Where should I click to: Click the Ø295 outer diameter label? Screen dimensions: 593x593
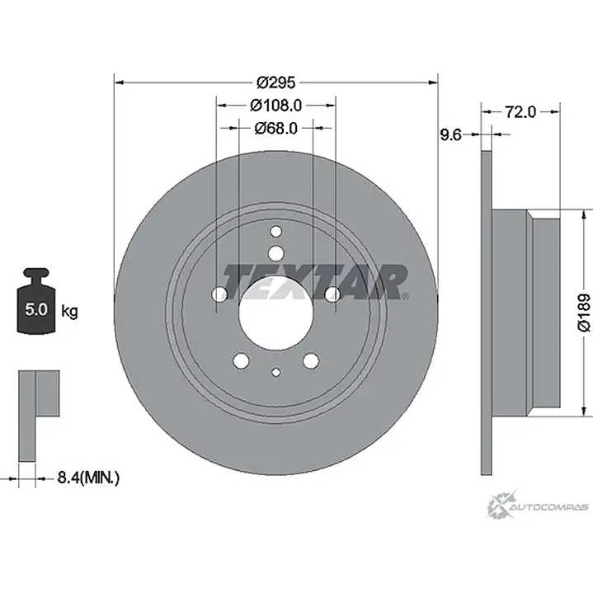[x=275, y=82]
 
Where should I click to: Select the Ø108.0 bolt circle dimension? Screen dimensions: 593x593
[x=275, y=106]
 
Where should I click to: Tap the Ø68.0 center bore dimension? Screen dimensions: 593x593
[x=275, y=128]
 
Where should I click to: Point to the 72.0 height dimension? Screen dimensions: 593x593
[x=520, y=111]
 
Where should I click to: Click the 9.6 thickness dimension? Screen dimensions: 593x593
[x=451, y=134]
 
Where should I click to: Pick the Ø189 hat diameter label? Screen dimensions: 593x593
[x=584, y=313]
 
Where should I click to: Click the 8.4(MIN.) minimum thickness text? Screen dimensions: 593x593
[x=88, y=478]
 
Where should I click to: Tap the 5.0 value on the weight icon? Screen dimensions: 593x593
[x=36, y=309]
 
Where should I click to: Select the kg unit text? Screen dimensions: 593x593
[x=69, y=312]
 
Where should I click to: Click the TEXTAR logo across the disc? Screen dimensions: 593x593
[x=315, y=282]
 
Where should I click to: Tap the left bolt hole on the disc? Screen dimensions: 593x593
[x=219, y=294]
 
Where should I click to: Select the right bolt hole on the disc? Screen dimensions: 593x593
[x=333, y=294]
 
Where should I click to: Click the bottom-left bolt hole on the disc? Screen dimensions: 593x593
[x=242, y=360]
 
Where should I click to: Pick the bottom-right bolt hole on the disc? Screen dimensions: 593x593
[x=311, y=360]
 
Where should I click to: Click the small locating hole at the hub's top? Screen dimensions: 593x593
[x=276, y=232]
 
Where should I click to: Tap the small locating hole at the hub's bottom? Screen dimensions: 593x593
[x=276, y=372]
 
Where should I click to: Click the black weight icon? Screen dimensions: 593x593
[x=36, y=301]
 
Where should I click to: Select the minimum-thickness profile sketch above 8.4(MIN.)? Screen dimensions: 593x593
[x=39, y=416]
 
